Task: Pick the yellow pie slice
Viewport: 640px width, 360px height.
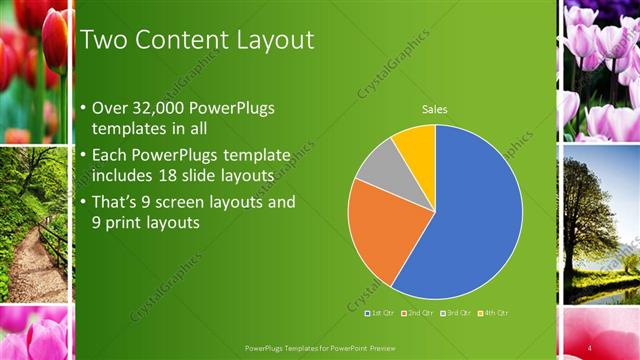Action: click(414, 144)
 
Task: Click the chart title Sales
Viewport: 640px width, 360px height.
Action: click(434, 109)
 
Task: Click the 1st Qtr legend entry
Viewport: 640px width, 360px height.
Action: click(381, 313)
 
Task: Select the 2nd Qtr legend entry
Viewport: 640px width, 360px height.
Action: click(417, 313)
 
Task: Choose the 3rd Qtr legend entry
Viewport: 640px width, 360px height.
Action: click(454, 313)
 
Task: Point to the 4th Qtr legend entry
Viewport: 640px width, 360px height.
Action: click(492, 313)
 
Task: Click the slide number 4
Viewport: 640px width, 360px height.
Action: click(591, 346)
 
